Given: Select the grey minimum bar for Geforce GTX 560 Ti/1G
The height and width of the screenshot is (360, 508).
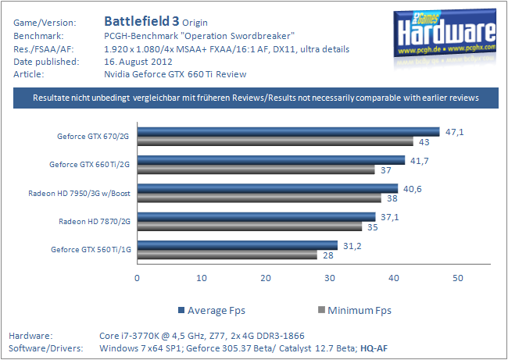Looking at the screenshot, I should click(x=227, y=255).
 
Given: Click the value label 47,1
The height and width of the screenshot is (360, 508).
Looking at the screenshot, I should click(x=455, y=132).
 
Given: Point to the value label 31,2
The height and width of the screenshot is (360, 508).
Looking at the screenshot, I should click(x=353, y=245).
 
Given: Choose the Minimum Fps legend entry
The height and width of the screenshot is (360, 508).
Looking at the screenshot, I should click(x=353, y=310).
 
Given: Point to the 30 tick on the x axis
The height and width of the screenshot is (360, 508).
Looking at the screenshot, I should click(x=330, y=278).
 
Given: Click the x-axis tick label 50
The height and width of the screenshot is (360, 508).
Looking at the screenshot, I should click(x=458, y=278).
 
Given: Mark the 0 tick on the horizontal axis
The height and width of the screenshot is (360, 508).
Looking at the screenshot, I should click(x=138, y=278).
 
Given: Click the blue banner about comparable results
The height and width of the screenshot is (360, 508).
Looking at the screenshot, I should click(x=255, y=98).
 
